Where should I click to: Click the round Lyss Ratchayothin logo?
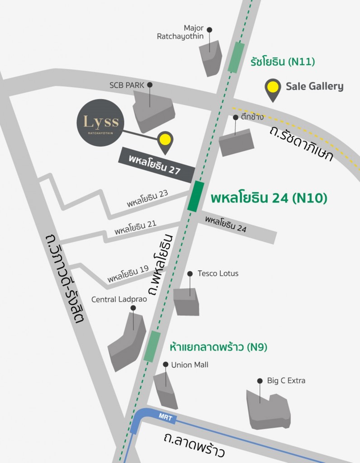pyautogui.click(x=100, y=123)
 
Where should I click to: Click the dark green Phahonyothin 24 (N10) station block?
pyautogui.click(x=195, y=196)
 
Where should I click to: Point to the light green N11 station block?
pyautogui.click(x=236, y=57)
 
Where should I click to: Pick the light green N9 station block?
pyautogui.click(x=152, y=346)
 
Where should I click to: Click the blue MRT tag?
pyautogui.click(x=166, y=417)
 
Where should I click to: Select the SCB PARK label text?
pyautogui.click(x=128, y=85)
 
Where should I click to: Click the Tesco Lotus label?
pyautogui.click(x=218, y=274)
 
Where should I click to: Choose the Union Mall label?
pyautogui.click(x=189, y=365)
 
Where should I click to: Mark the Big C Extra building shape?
pyautogui.click(x=268, y=409)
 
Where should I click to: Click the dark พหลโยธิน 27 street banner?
pyautogui.click(x=156, y=165)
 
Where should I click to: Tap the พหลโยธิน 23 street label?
pyautogui.click(x=147, y=198)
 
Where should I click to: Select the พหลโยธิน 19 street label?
pyautogui.click(x=128, y=273)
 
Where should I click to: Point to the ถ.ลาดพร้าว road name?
pyautogui.click(x=194, y=445)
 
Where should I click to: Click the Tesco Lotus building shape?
pyautogui.click(x=186, y=301)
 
